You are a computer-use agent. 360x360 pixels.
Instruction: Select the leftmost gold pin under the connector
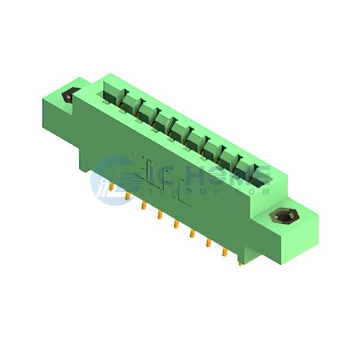pyautogui.click(x=112, y=188)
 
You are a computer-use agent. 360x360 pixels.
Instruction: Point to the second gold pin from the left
pyautogui.click(x=128, y=197)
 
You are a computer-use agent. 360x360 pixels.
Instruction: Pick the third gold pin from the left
pyautogui.click(x=144, y=206)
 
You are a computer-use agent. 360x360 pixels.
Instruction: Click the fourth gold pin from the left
pyautogui.click(x=160, y=215)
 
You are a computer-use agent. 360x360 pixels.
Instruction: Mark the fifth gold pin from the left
pyautogui.click(x=176, y=225)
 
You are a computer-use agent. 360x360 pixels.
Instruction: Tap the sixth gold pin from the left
pyautogui.click(x=192, y=234)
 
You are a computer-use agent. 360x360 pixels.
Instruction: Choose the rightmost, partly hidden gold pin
pyautogui.click(x=240, y=264)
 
